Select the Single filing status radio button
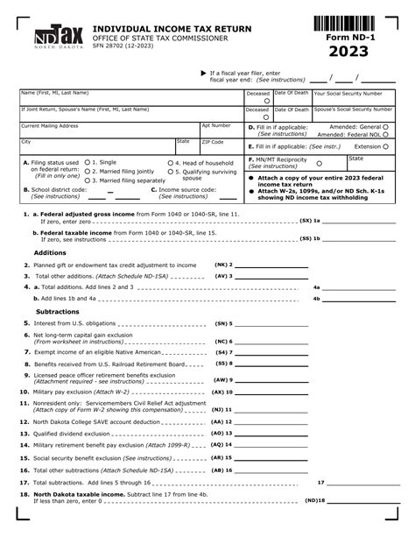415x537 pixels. [x=87, y=162]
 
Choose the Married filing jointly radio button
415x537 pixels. [x=87, y=171]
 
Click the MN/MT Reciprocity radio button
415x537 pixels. [x=319, y=163]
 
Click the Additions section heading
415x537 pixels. [x=50, y=252]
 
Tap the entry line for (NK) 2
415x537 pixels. [x=271, y=265]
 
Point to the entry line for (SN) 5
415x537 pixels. [x=271, y=323]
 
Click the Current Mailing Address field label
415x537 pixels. [x=50, y=125]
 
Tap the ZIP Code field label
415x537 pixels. [x=213, y=141]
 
